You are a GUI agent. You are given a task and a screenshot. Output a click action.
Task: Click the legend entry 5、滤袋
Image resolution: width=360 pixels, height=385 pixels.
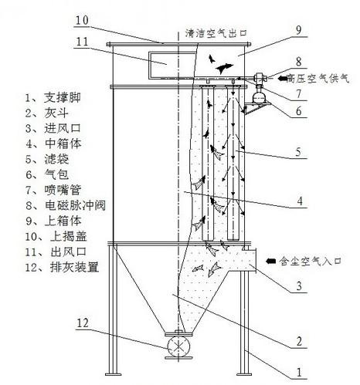click(46, 159)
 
